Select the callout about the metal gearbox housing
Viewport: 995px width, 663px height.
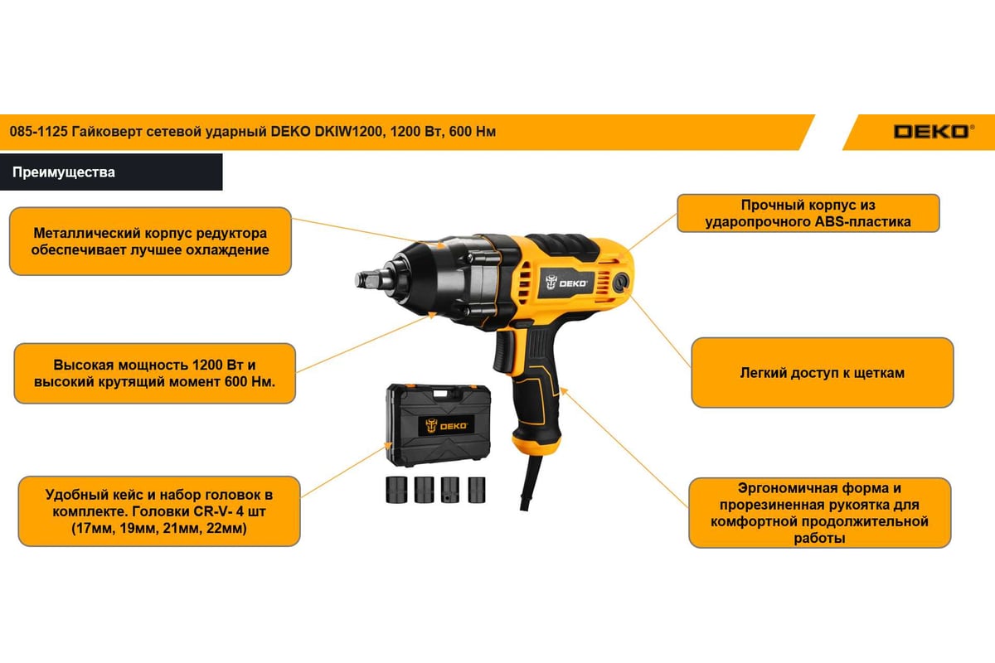[150, 241]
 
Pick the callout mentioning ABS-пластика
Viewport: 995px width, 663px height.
[808, 213]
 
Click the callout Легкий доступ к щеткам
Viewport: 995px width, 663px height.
[823, 373]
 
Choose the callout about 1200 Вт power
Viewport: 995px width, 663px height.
[154, 373]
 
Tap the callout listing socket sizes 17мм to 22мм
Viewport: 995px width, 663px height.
[159, 511]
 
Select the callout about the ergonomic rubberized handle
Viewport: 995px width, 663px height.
[819, 513]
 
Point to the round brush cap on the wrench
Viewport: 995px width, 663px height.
[619, 282]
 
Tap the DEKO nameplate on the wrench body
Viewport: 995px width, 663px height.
[566, 283]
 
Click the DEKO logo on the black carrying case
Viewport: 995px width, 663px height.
[446, 426]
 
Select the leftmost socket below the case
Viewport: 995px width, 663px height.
[396, 490]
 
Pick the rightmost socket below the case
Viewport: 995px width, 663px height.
[477, 490]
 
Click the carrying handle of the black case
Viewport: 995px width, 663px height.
[440, 394]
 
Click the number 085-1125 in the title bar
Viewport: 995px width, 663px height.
[38, 132]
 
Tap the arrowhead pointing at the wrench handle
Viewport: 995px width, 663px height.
[563, 391]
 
